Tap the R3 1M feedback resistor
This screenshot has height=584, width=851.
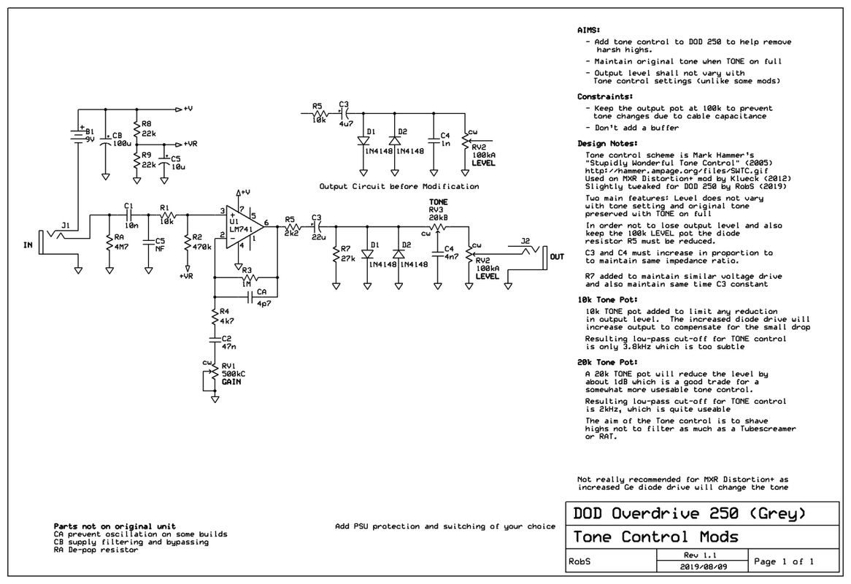[246, 278]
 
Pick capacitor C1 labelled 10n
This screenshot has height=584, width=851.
[128, 215]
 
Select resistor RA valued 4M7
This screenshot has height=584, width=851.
[109, 242]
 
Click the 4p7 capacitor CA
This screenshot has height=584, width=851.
[251, 297]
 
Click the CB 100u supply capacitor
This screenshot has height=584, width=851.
[105, 141]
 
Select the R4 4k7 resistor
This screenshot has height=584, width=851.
[214, 318]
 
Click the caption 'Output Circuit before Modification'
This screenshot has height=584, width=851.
[398, 186]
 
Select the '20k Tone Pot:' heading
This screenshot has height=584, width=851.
[607, 361]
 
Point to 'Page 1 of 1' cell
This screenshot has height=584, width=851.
[783, 561]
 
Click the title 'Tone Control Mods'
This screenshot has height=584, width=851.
[655, 537]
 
